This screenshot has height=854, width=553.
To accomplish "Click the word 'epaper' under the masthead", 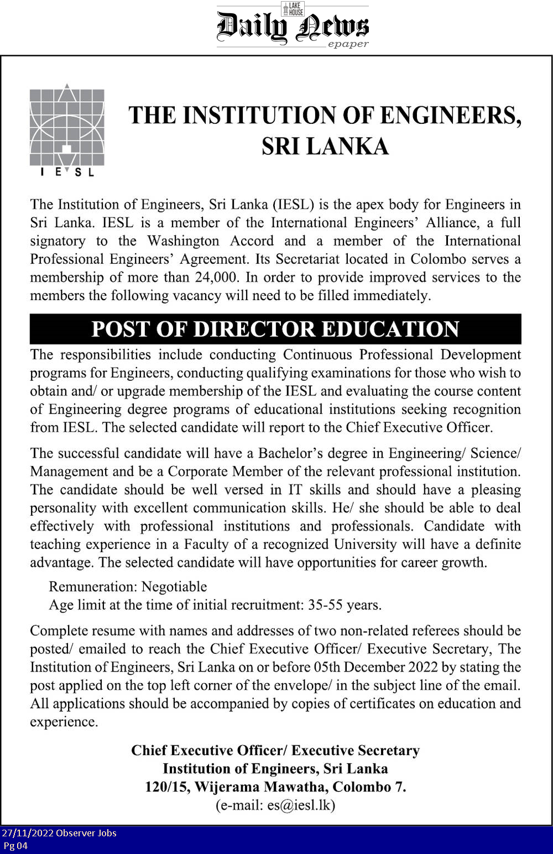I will click(348, 44).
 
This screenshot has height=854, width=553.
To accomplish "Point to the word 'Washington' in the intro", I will click(183, 241).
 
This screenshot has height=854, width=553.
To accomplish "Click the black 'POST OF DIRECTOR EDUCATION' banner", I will click(275, 329).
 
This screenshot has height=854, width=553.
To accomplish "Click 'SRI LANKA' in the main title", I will click(325, 146).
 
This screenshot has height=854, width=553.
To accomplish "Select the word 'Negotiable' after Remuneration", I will click(174, 586).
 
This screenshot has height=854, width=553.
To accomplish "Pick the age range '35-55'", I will click(326, 605).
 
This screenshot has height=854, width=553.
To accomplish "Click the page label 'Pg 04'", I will click(15, 846).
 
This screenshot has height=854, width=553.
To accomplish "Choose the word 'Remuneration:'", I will click(93, 586).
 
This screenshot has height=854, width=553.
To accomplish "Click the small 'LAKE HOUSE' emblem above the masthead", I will click(293, 8).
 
